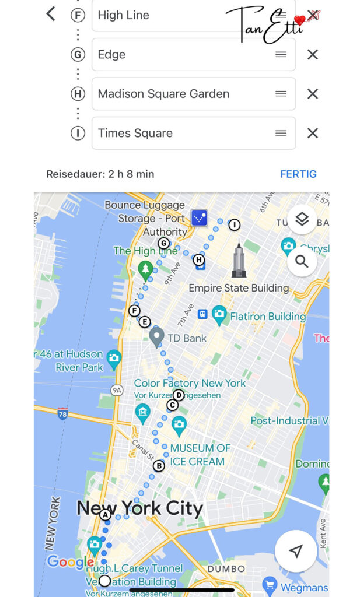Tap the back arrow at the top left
[51, 14]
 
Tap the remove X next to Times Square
[313, 133]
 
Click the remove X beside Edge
[313, 55]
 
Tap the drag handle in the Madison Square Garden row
[281, 94]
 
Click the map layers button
[302, 220]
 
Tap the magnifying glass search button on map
[302, 261]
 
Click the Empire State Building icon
[239, 260]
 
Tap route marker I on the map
[234, 224]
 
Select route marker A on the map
[105, 515]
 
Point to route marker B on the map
[159, 466]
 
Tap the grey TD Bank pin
[156, 337]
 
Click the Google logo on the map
[69, 562]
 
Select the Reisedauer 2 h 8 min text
[100, 174]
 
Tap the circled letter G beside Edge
[77, 55]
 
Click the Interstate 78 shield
[62, 414]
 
